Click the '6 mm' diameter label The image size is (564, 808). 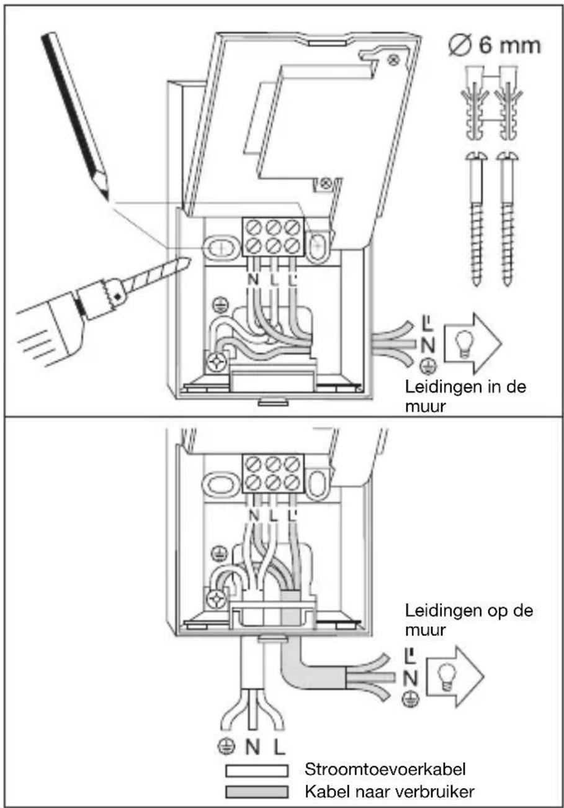point(509,46)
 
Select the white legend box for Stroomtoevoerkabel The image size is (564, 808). point(257,771)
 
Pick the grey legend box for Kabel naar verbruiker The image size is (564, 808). point(257,792)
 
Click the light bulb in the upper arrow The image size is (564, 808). point(465,343)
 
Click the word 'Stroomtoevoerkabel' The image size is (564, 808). point(385,769)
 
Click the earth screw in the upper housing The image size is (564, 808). point(217,361)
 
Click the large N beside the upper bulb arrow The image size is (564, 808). point(427,345)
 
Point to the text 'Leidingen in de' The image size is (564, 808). point(465,387)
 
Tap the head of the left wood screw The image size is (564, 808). point(476,156)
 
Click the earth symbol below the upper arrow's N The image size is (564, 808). point(428,366)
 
